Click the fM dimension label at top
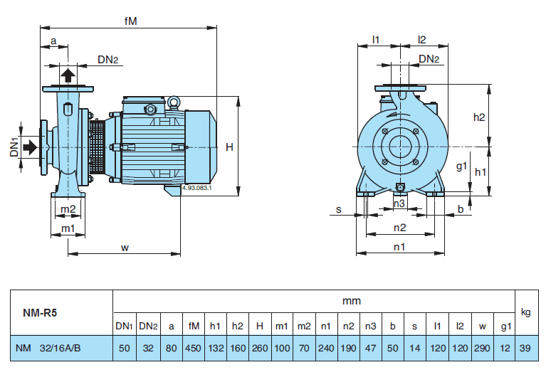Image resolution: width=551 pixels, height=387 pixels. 130,21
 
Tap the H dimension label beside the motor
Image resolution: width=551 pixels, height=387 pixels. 229,147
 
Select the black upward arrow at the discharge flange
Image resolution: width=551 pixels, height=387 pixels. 68,75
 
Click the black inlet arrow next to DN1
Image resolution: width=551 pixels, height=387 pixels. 31,147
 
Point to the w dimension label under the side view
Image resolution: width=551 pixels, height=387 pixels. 125,248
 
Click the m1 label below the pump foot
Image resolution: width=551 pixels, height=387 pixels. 68,228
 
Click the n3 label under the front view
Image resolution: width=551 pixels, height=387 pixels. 399,204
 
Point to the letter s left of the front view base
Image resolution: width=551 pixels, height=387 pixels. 339,210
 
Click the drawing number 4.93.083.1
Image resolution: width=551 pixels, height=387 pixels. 197,189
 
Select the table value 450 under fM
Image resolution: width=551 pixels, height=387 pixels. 193,348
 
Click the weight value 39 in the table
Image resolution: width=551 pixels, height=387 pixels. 526,348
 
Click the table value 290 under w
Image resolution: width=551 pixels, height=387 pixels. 482,348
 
